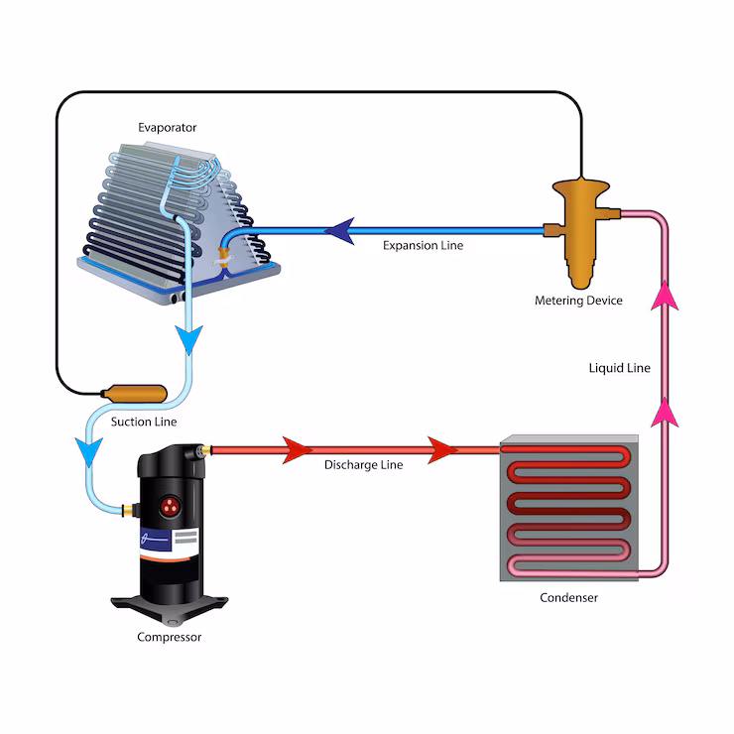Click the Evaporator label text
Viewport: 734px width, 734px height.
168,127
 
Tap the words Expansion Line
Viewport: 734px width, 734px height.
424,245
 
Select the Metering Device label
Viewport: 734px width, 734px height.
578,301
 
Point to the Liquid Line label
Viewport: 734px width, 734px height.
619,368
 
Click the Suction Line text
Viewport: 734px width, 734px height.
144,422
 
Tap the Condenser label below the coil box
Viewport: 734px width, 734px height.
568,598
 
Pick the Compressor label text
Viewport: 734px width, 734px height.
169,637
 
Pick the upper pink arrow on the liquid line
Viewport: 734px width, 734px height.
663,295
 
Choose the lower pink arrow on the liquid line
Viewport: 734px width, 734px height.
663,411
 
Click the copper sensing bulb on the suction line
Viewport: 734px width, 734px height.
135,393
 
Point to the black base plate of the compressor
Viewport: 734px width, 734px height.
169,601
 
